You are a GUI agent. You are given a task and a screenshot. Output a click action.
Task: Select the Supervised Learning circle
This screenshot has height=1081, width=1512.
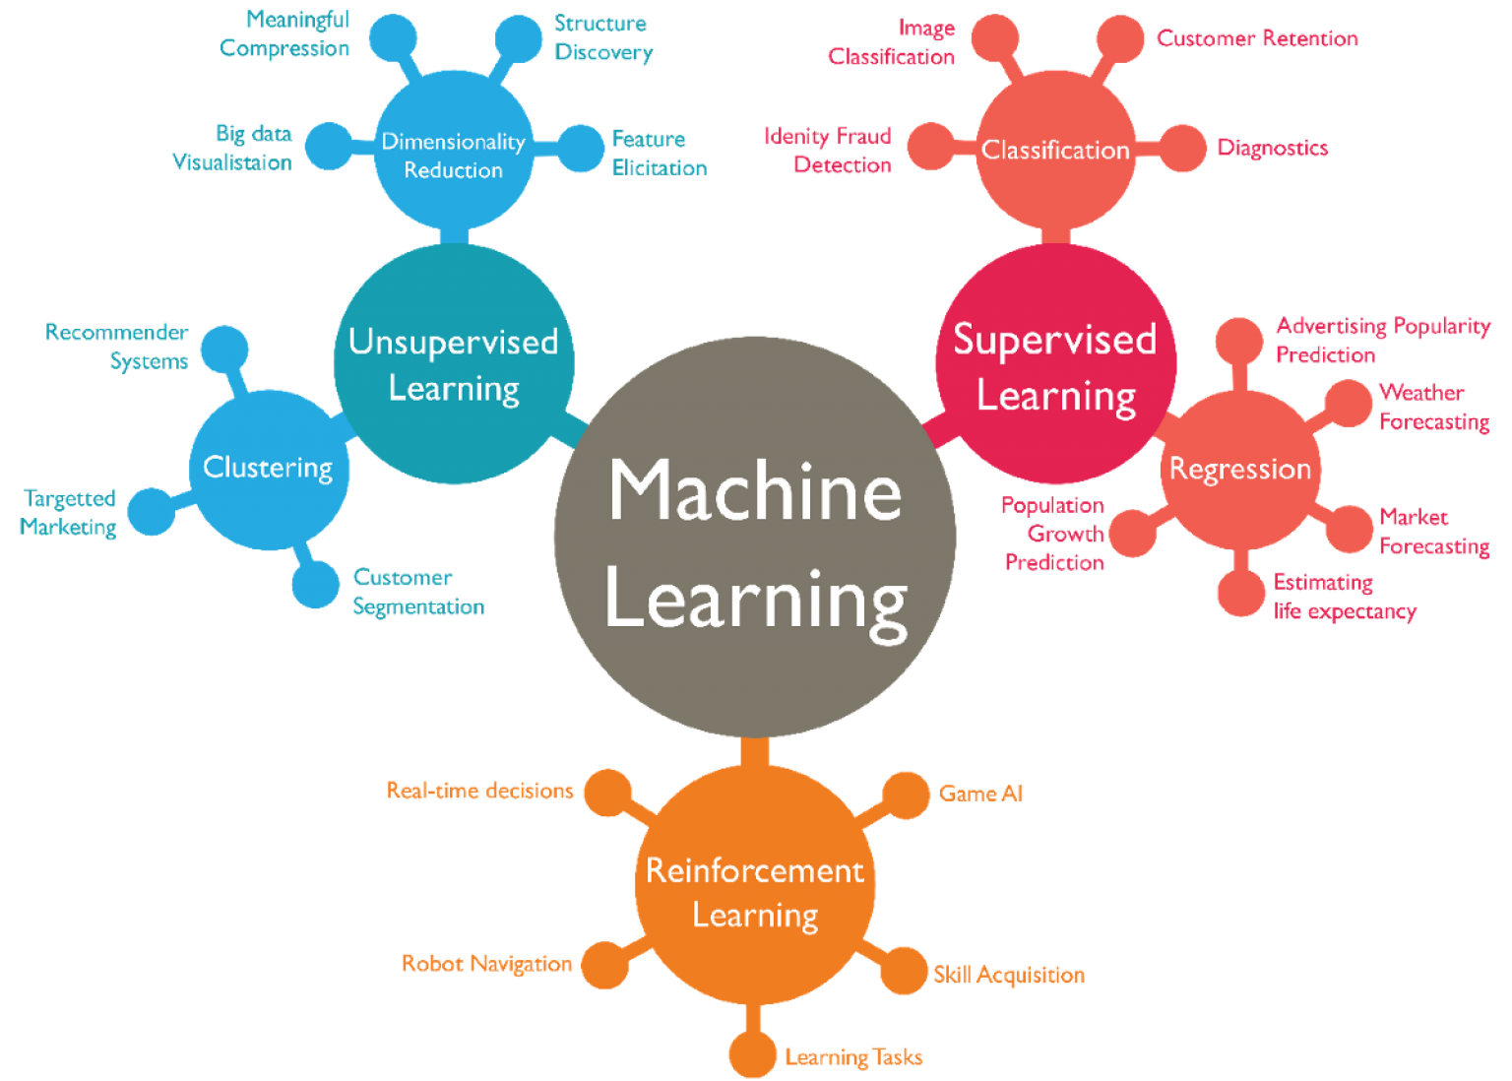point(1055,364)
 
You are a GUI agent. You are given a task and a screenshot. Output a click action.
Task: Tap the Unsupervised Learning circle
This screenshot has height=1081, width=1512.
point(454,364)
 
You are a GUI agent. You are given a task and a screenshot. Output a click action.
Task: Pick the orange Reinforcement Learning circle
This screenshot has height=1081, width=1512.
point(755,886)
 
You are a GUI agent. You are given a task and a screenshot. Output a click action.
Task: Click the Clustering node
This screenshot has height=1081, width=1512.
point(268,469)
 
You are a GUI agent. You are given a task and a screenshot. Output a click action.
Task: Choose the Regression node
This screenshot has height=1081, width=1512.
point(1240,469)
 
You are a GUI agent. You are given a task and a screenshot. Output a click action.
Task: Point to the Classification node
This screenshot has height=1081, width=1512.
point(1055,150)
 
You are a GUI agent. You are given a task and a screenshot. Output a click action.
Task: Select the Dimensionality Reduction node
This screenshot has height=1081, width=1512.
point(454,155)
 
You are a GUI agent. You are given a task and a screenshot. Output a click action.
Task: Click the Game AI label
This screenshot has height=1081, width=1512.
point(981,794)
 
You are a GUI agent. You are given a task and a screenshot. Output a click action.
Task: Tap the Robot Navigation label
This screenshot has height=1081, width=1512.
point(487,964)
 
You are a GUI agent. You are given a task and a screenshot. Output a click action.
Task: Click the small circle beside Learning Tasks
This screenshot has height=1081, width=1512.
point(753,1054)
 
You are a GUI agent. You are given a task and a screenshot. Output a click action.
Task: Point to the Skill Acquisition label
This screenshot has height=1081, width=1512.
point(1009,975)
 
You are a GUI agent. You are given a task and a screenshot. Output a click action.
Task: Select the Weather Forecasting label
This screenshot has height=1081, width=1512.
point(1433,407)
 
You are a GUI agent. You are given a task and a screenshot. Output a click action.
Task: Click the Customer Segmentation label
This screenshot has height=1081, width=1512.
point(418,592)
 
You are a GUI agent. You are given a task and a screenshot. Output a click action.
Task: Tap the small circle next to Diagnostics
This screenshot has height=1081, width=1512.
point(1182,148)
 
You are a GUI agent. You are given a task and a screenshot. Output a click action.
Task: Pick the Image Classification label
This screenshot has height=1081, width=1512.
point(893,42)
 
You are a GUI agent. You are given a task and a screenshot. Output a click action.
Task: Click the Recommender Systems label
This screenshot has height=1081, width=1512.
point(118,347)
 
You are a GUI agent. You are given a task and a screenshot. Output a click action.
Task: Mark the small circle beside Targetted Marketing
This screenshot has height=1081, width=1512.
point(152,511)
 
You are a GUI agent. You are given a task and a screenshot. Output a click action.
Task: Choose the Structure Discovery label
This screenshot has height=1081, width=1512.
point(603,37)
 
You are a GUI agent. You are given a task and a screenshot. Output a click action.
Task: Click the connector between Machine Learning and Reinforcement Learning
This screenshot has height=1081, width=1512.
point(755,752)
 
